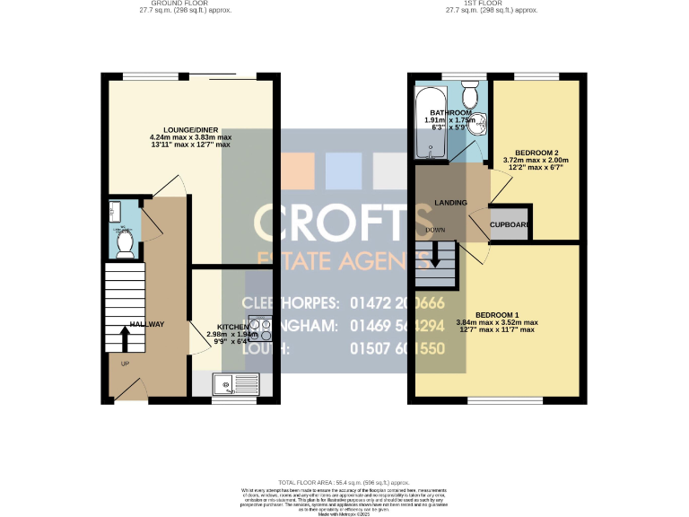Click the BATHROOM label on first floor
point(449,112)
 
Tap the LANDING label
point(450,203)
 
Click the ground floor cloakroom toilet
point(124,241)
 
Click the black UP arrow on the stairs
point(124,339)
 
